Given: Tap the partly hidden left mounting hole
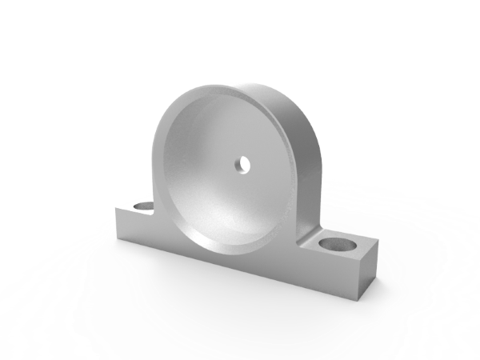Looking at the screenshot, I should [x=144, y=206].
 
